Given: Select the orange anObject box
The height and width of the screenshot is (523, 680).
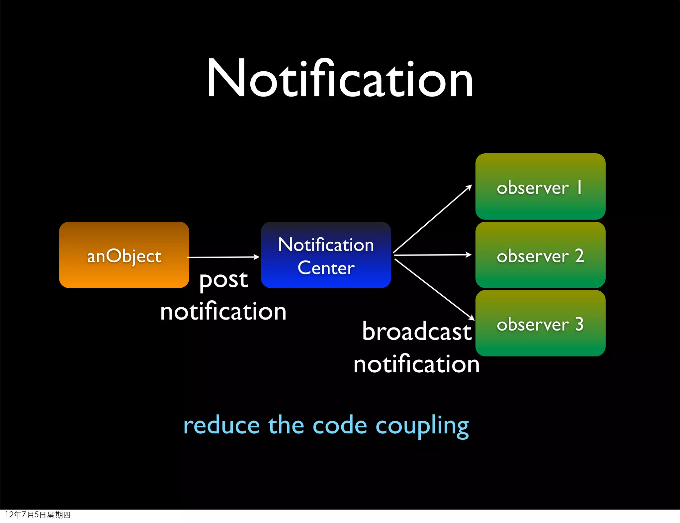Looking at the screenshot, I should pyautogui.click(x=124, y=255).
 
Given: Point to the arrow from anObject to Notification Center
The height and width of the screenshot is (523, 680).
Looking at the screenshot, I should pyautogui.click(x=223, y=257).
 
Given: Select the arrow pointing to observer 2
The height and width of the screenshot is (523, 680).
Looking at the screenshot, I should pyautogui.click(x=432, y=255).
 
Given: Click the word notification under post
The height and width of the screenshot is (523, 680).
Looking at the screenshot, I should pyautogui.click(x=223, y=312).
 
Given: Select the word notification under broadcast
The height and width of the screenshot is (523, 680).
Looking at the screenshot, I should pyautogui.click(x=416, y=364).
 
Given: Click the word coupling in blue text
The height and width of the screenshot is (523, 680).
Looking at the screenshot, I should pyautogui.click(x=422, y=426).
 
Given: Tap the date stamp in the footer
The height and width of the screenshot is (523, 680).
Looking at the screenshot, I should pyautogui.click(x=38, y=515).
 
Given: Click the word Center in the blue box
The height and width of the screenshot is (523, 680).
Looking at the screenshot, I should pyautogui.click(x=326, y=268).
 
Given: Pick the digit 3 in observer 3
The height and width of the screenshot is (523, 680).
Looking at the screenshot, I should pyautogui.click(x=579, y=324).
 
